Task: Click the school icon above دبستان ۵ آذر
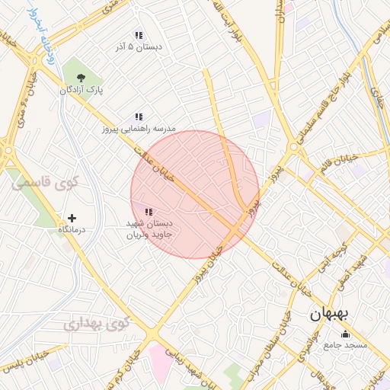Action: (x=139, y=35)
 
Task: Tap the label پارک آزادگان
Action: (x=82, y=90)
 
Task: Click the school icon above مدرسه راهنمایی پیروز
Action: (x=139, y=117)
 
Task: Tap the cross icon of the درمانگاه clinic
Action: (x=72, y=218)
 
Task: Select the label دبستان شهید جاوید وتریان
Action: (x=149, y=229)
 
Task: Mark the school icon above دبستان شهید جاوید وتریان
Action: (x=149, y=212)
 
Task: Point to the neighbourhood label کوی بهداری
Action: (x=97, y=323)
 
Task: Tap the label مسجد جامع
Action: (x=346, y=344)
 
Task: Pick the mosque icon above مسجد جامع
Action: (x=346, y=333)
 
